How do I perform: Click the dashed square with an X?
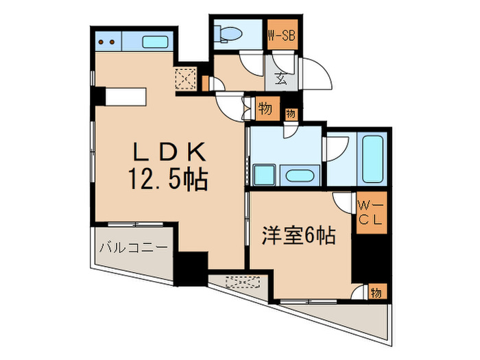(187, 80)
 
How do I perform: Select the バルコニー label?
(132, 247)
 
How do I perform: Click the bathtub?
(374, 160)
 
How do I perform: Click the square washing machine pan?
(264, 175)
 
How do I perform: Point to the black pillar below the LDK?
(193, 269)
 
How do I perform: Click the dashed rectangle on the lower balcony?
(242, 281)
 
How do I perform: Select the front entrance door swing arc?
(317, 74)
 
